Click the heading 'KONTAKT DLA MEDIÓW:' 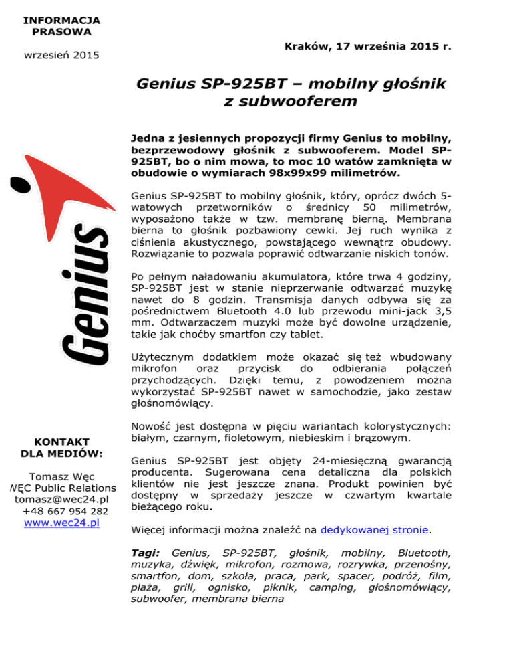click(x=61, y=448)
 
